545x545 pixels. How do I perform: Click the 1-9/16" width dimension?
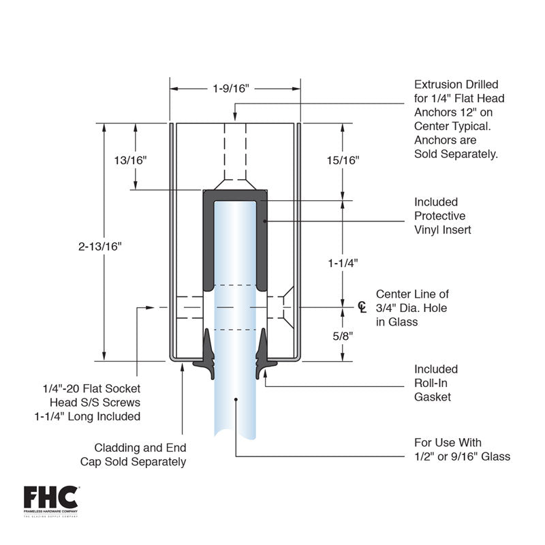pos(232,88)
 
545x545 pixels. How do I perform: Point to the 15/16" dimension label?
pos(343,160)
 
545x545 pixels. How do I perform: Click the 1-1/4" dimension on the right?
pos(342,262)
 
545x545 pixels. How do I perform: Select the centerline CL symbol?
pos(362,307)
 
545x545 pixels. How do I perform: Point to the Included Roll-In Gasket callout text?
pos(436,383)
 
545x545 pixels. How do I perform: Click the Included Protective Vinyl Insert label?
pos(442,216)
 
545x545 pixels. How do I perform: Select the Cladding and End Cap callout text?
pos(140,454)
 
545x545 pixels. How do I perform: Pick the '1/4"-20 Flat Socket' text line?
pos(90,388)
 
